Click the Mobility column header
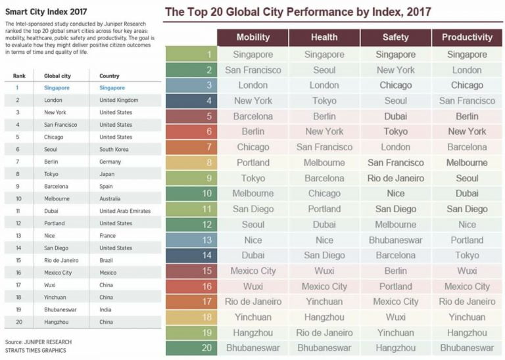252,37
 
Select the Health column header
324,37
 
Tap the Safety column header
395,37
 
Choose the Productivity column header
467,37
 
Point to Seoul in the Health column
324,70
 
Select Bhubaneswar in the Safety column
395,240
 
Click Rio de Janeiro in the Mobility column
252,302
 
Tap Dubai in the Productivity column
467,194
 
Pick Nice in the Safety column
395,194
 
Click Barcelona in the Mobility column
252,116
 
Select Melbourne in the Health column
324,162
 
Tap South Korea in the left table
114,149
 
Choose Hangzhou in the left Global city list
57,322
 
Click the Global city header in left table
57,76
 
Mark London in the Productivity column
467,70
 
